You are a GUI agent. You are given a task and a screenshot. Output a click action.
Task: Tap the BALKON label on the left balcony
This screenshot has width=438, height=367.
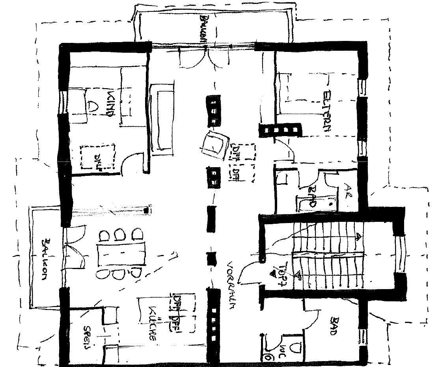(x=47, y=258)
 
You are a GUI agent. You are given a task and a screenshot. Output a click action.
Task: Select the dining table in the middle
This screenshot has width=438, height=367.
(x=121, y=254)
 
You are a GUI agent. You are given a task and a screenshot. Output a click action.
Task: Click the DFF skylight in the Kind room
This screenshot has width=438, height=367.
(x=98, y=157)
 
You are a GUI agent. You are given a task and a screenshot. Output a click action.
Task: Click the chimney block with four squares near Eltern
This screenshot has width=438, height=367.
(x=281, y=130)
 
